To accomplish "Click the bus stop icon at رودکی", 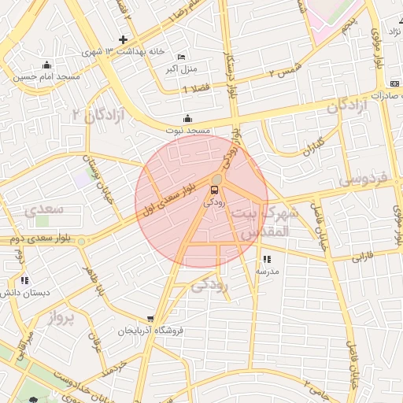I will (x=214, y=190).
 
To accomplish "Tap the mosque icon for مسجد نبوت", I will (x=187, y=119).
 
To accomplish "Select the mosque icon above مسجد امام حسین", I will (x=47, y=65).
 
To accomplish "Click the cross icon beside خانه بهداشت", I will (x=123, y=39).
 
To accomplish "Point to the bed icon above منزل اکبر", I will (x=182, y=57).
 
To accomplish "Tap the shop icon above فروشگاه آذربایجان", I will (x=150, y=320).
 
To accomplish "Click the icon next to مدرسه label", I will (x=267, y=259).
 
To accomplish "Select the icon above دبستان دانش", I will (x=24, y=279).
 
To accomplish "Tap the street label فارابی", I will (x=363, y=255).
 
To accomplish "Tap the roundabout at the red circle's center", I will (x=216, y=179).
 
